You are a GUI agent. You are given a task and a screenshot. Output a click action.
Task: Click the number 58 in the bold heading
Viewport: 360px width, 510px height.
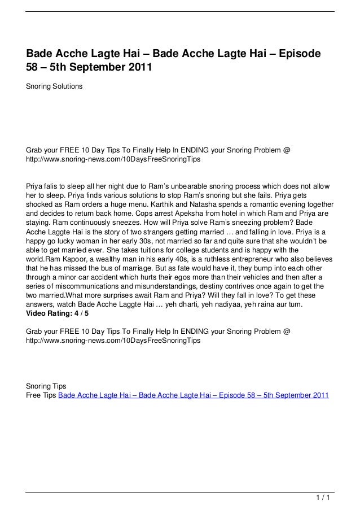pyautogui.click(x=33, y=69)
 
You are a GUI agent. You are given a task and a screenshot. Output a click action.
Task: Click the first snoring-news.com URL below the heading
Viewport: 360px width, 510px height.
pyautogui.click(x=113, y=160)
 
